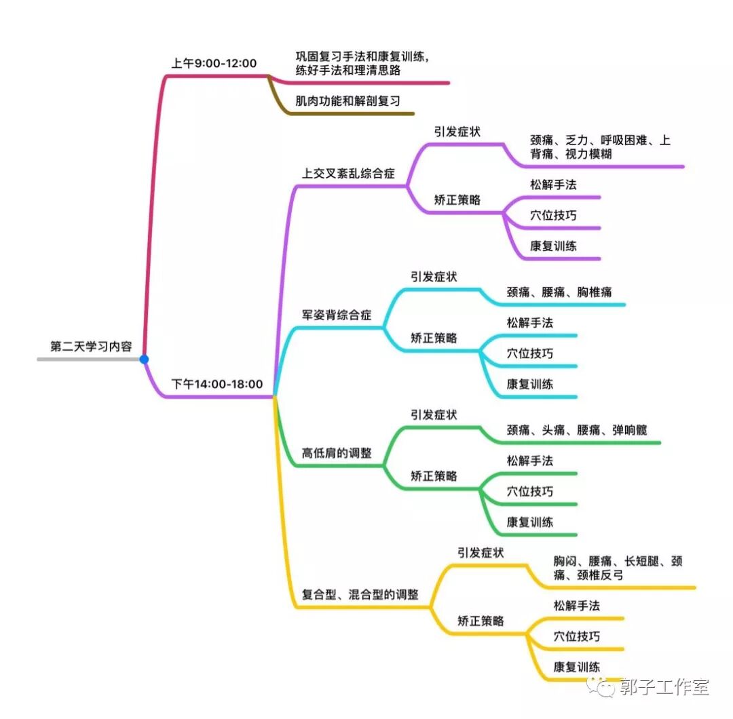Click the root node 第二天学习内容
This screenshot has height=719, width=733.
[x=91, y=346]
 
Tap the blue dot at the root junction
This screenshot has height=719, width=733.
[x=144, y=359]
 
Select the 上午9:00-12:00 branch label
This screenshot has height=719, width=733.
[x=214, y=63]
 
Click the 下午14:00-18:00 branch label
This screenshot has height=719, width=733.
[x=217, y=384]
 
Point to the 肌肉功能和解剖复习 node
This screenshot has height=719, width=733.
[x=347, y=101]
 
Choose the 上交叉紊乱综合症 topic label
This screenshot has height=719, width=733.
[x=348, y=173]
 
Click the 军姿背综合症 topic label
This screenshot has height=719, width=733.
[x=337, y=315]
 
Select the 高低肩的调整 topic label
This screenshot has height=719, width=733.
[x=337, y=453]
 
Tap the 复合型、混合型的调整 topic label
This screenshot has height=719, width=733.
[x=360, y=594]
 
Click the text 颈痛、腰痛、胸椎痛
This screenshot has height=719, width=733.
[x=559, y=292]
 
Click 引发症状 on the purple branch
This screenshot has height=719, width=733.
[x=457, y=132]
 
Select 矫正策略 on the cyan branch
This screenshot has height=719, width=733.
[x=434, y=338]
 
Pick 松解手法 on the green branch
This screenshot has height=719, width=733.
[x=529, y=461]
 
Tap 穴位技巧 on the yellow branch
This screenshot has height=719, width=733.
[x=576, y=636]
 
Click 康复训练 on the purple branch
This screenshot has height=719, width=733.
[x=553, y=246]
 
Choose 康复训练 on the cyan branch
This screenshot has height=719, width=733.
[x=529, y=384]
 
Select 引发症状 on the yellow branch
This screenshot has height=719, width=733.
[x=481, y=553]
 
